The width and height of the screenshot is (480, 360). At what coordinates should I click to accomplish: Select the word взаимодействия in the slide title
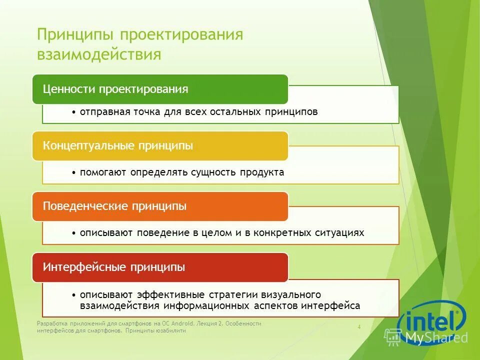click(99, 54)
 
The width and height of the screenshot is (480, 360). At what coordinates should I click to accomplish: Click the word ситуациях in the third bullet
click(339, 233)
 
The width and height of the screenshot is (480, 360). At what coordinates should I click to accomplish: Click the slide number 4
click(359, 326)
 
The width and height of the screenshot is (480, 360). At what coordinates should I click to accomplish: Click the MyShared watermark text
click(436, 337)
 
